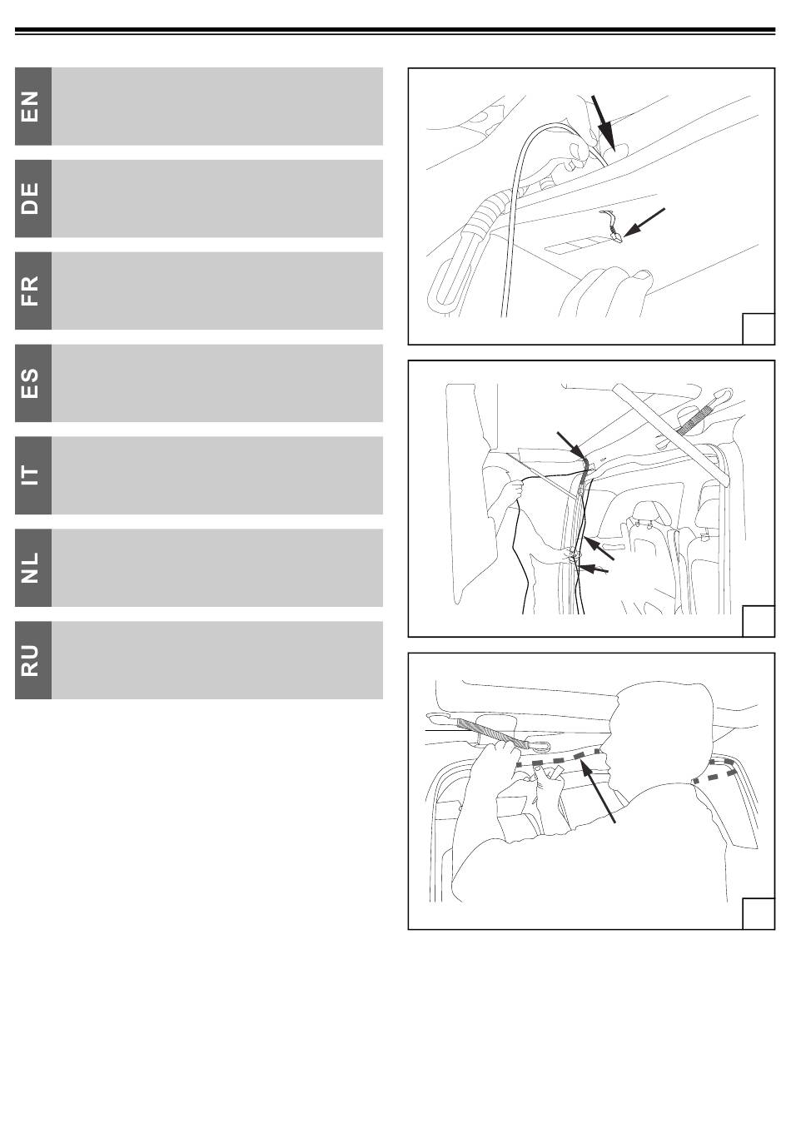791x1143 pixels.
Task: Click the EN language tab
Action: coord(33,106)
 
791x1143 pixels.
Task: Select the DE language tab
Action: coord(33,198)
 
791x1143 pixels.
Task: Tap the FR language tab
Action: coord(33,291)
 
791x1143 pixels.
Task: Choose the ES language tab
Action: coord(33,383)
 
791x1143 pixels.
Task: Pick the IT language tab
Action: coord(33,475)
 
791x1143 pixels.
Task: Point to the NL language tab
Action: coord(33,568)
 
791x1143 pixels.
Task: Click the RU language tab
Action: coord(33,660)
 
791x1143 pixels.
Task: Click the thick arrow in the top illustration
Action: coord(603,122)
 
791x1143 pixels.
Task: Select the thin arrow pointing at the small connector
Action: coord(644,222)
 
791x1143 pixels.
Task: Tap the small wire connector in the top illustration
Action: coord(611,226)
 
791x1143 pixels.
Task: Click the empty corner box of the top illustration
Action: coord(759,329)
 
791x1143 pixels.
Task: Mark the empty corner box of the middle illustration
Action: coord(759,621)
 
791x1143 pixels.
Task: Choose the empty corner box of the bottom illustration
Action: coord(759,913)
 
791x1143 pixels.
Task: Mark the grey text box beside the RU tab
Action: coord(217,660)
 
